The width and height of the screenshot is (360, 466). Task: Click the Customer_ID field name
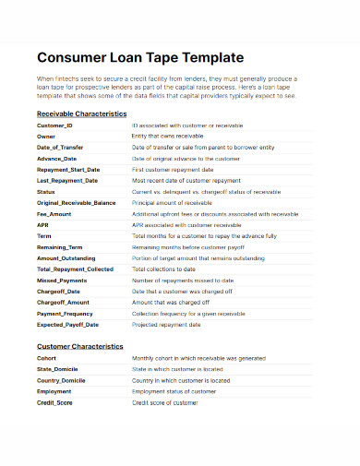pyautogui.click(x=54, y=125)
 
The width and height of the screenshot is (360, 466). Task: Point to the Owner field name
pyautogui.click(x=46, y=135)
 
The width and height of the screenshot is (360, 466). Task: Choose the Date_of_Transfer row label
pyautogui.click(x=61, y=146)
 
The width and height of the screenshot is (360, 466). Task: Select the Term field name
pyautogui.click(x=44, y=236)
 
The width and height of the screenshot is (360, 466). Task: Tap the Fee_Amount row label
pyautogui.click(x=54, y=213)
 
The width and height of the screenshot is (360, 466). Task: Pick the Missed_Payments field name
pyautogui.click(x=61, y=280)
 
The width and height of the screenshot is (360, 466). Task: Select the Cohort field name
pyautogui.click(x=48, y=357)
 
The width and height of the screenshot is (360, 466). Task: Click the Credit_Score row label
pyautogui.click(x=55, y=403)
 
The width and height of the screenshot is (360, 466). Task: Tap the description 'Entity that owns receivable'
pyautogui.click(x=169, y=135)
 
